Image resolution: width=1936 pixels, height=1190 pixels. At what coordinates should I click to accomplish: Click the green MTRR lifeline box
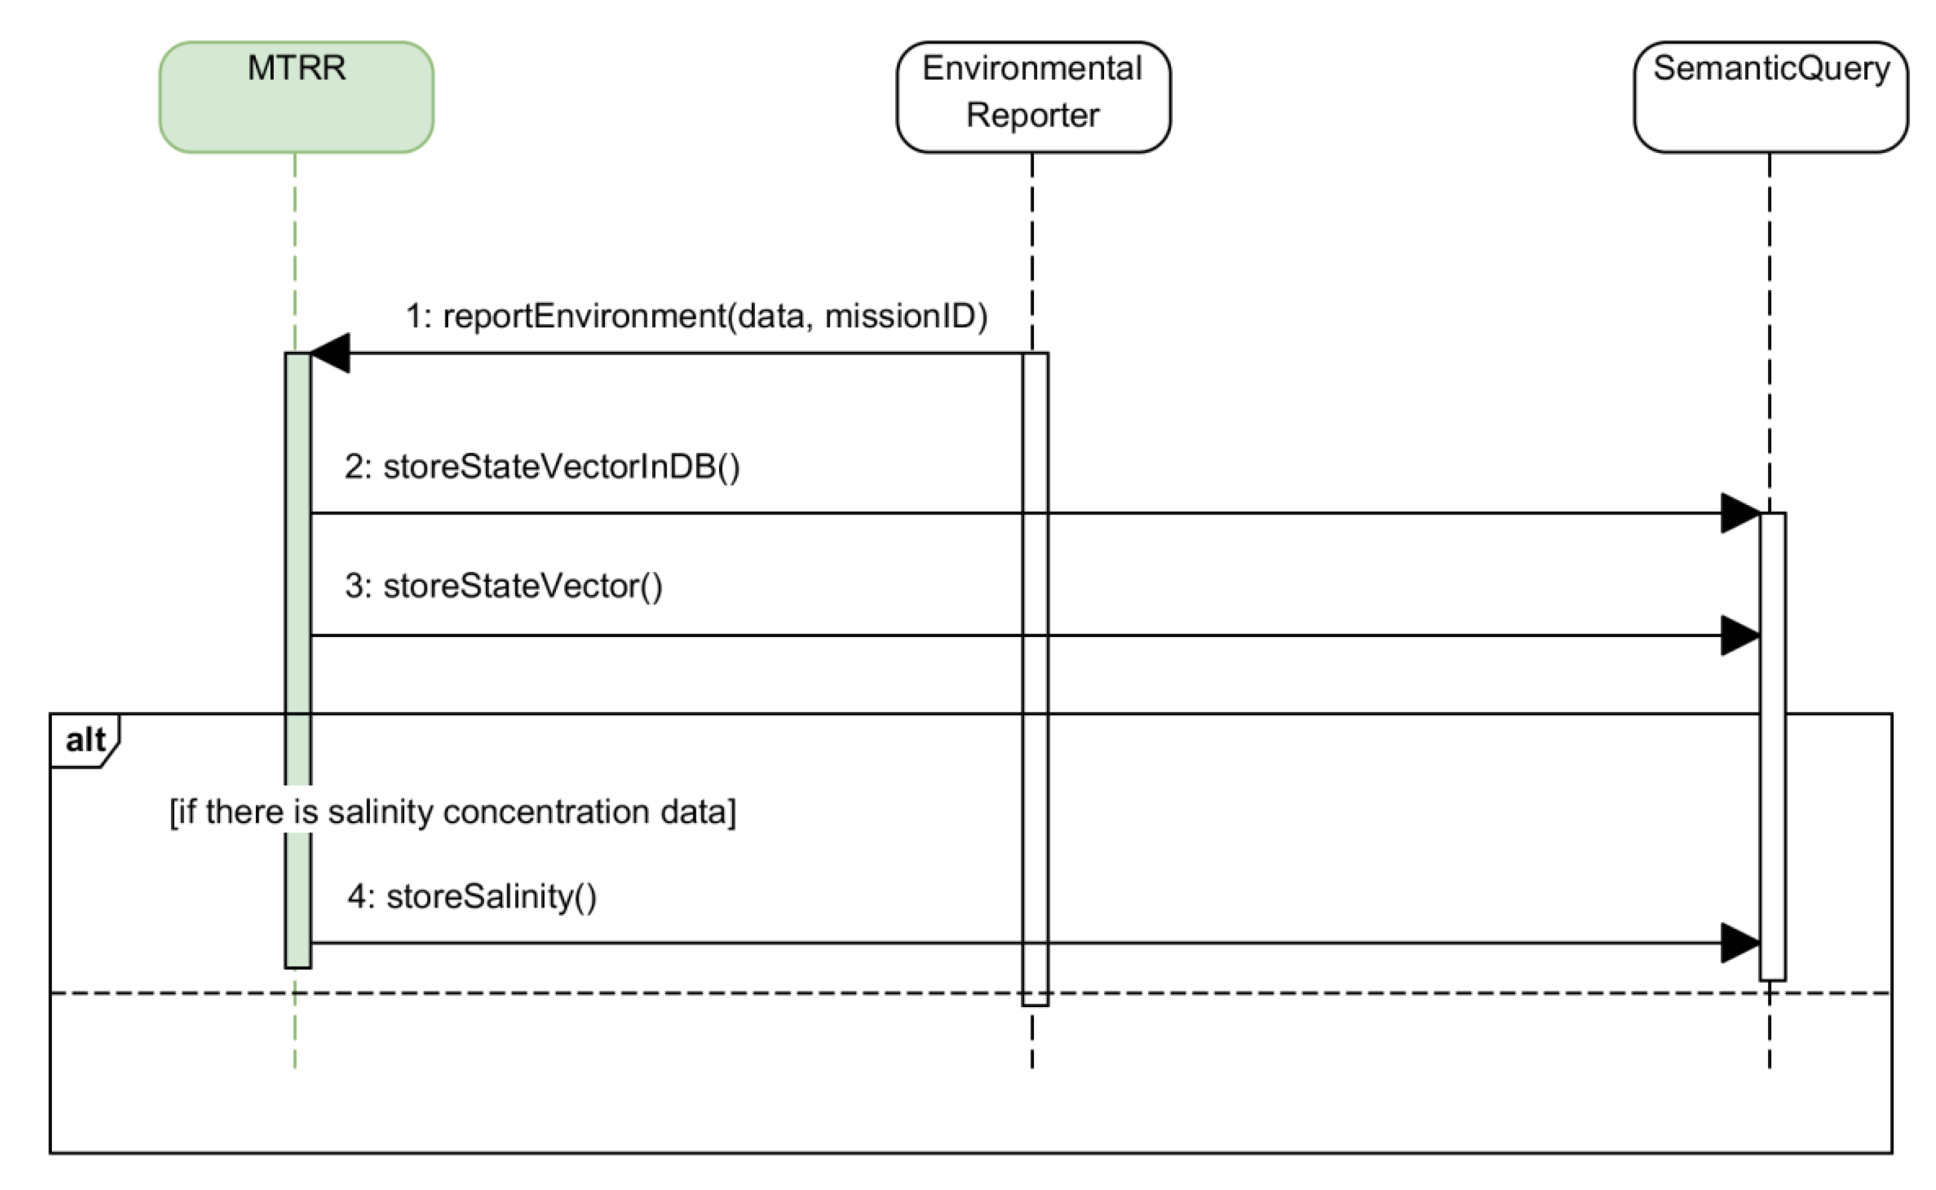296,97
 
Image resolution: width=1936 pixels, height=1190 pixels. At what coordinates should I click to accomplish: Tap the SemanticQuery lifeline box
1770,97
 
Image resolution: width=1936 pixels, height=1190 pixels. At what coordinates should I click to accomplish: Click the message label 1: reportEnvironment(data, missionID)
696,316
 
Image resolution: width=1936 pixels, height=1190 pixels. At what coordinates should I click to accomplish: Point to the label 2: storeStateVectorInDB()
542,467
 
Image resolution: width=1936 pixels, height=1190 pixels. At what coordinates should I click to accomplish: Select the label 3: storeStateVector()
504,586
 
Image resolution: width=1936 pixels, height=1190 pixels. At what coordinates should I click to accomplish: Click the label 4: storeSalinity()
472,897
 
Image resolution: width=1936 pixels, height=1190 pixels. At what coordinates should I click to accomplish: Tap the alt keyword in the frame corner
85,740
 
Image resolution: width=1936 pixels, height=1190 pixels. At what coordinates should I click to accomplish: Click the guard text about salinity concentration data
452,812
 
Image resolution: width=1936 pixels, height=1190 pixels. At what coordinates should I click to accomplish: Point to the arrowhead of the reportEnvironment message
331,353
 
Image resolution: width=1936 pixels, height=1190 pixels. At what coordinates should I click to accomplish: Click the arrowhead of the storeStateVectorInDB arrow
1740,513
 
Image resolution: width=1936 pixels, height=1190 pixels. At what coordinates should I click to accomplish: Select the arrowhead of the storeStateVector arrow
1740,635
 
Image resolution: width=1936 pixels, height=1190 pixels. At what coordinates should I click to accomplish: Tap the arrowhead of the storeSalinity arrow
1740,943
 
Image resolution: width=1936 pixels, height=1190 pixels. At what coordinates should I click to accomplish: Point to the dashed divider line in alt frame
629,993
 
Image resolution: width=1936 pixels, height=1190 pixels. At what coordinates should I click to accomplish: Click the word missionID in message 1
905,316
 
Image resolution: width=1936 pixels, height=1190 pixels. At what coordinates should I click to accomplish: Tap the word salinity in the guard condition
380,812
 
